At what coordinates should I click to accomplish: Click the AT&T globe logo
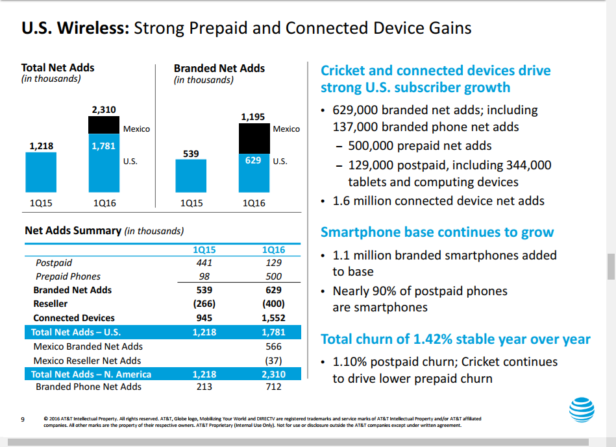point(582,409)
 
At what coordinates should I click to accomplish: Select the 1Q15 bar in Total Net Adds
point(41,172)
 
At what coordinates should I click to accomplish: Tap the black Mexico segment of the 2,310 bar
point(104,125)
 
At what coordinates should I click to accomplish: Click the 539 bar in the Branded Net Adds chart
point(191,176)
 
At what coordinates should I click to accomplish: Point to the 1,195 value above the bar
point(253,117)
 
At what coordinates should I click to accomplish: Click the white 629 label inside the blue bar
point(253,160)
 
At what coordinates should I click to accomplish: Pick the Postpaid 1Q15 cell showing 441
point(204,263)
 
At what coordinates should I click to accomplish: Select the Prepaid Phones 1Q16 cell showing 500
point(273,276)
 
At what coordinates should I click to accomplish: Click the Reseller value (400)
point(273,304)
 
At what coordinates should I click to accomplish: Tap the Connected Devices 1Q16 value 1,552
point(273,318)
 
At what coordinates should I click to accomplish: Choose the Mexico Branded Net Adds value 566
point(273,346)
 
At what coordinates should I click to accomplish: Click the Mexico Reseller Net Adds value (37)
point(273,361)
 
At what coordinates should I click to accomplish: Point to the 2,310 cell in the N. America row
point(273,374)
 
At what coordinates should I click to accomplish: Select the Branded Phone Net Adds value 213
point(204,387)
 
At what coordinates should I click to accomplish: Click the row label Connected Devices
point(74,318)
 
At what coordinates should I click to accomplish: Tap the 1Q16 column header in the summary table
point(273,250)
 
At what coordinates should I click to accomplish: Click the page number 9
point(23,420)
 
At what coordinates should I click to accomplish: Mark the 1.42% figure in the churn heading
point(433,339)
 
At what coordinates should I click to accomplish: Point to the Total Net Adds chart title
point(58,67)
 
